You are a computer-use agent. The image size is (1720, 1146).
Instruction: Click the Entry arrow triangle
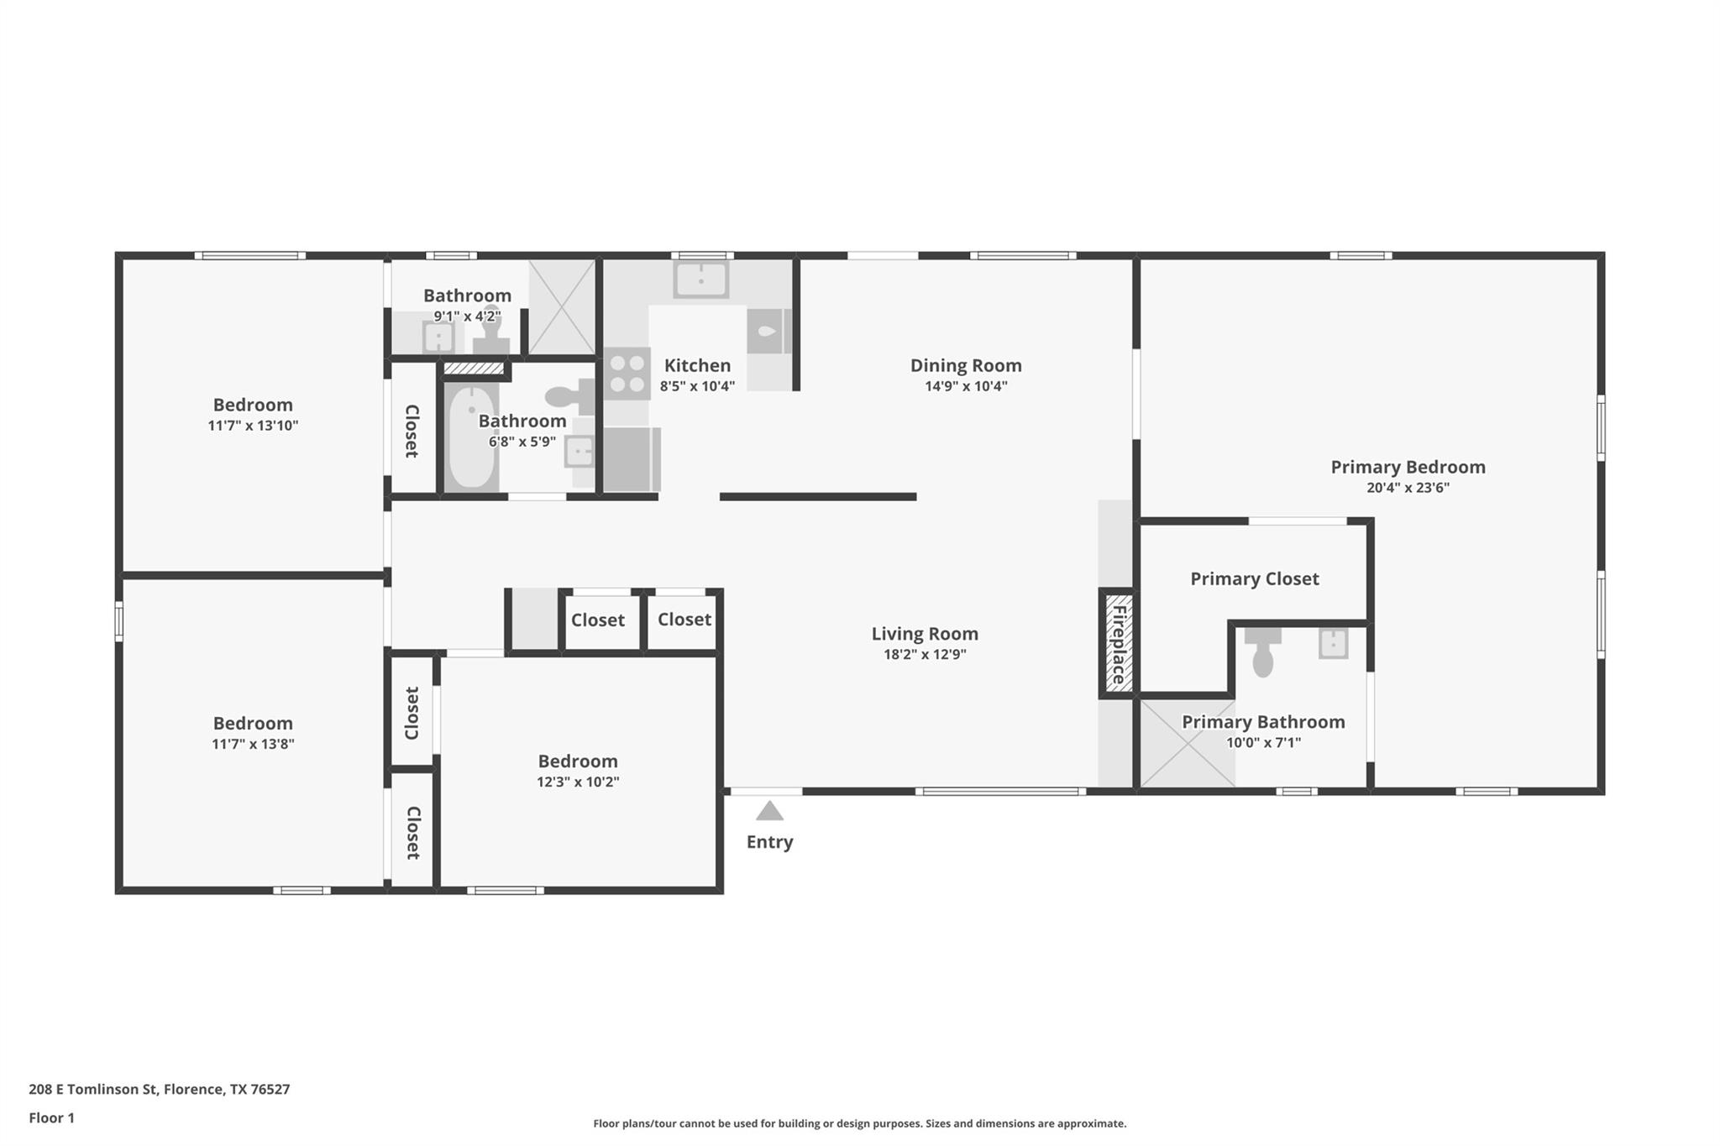click(x=769, y=811)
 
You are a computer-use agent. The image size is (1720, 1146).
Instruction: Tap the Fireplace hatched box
click(x=1118, y=643)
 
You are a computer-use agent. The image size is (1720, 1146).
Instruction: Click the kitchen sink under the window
click(x=700, y=280)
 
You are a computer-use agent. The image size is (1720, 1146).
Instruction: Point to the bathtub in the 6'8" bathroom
click(x=470, y=437)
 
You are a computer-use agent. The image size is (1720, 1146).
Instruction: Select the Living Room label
click(x=925, y=634)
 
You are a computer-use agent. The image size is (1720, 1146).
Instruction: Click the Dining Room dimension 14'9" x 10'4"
click(x=966, y=386)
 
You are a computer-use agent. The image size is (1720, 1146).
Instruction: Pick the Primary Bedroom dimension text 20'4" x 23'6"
click(x=1408, y=487)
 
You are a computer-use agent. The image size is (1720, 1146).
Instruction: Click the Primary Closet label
click(x=1254, y=578)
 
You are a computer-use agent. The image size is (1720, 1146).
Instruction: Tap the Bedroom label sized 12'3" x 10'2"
click(x=578, y=761)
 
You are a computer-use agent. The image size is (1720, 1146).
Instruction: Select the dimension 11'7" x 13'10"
click(x=253, y=426)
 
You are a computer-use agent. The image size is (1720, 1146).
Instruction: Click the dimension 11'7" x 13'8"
click(x=253, y=744)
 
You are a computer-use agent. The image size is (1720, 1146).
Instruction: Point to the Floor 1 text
click(x=52, y=1117)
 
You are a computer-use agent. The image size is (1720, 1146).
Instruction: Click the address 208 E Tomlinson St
click(x=159, y=1089)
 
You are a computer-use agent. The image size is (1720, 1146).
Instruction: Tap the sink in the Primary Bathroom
click(x=1333, y=644)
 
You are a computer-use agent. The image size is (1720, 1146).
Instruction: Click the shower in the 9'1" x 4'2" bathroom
click(x=562, y=307)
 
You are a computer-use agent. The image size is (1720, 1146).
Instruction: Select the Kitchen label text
click(x=697, y=365)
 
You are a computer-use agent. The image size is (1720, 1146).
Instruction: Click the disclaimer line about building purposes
click(x=859, y=1123)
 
